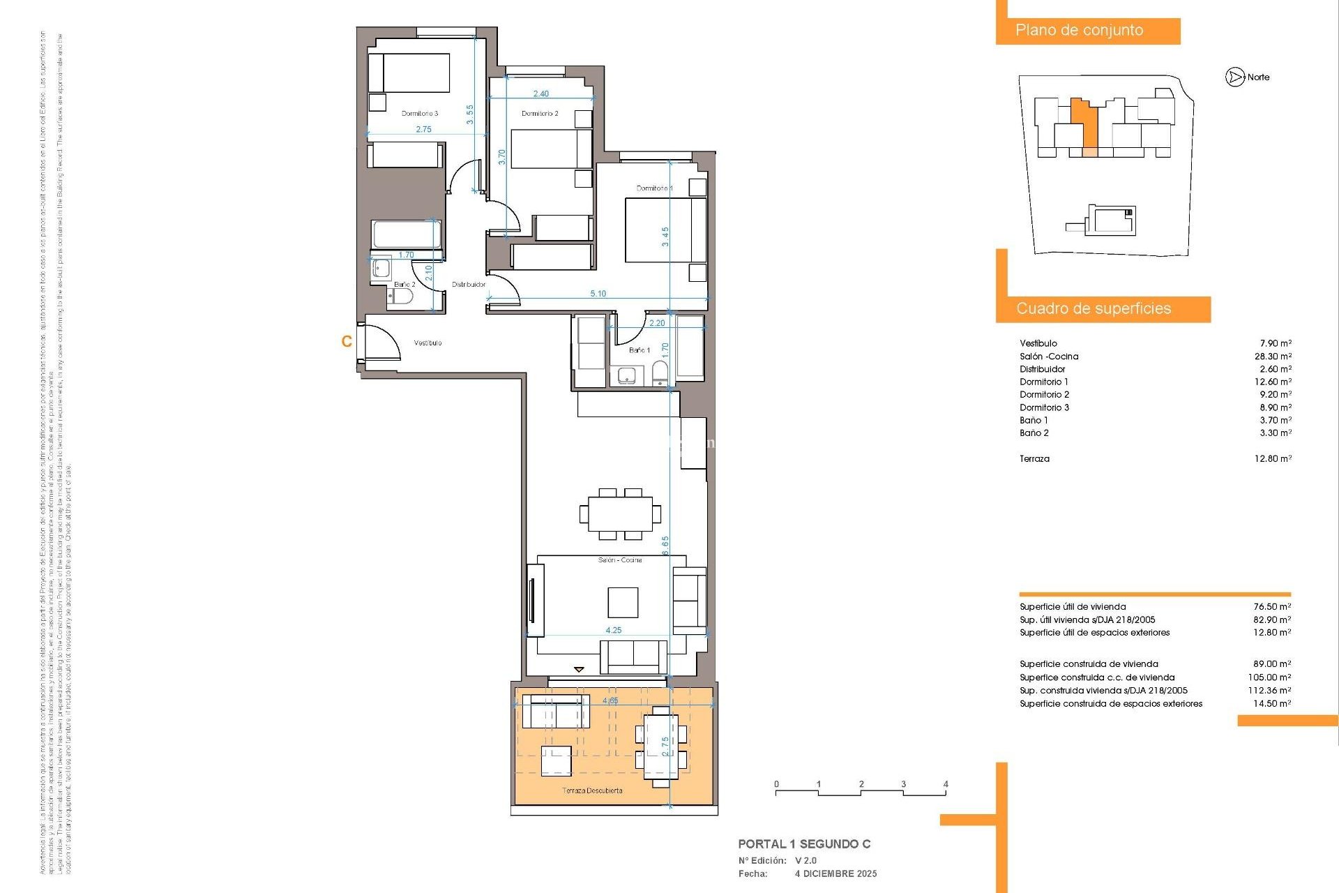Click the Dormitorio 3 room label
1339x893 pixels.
point(419,113)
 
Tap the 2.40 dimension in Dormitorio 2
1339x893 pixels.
point(540,93)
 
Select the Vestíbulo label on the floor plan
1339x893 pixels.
point(428,343)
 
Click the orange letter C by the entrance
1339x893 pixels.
point(347,341)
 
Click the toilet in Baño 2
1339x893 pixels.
point(401,297)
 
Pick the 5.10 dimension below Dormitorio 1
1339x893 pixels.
point(598,294)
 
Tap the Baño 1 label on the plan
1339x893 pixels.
point(639,350)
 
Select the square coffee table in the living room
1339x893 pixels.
point(622,602)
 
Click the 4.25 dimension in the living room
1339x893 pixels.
point(613,630)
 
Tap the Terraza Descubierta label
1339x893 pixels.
point(592,790)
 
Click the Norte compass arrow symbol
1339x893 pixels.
point(1235,77)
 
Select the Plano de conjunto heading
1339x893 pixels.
point(1079,31)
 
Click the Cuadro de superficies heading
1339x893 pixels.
point(1093,308)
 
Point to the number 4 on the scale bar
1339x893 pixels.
point(945,784)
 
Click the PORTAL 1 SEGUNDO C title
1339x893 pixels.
point(804,844)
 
